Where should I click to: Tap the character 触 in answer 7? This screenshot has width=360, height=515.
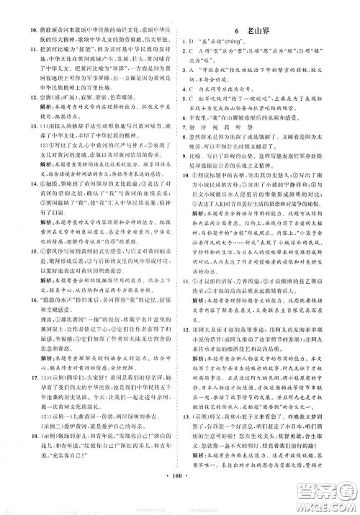tap(200, 146)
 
